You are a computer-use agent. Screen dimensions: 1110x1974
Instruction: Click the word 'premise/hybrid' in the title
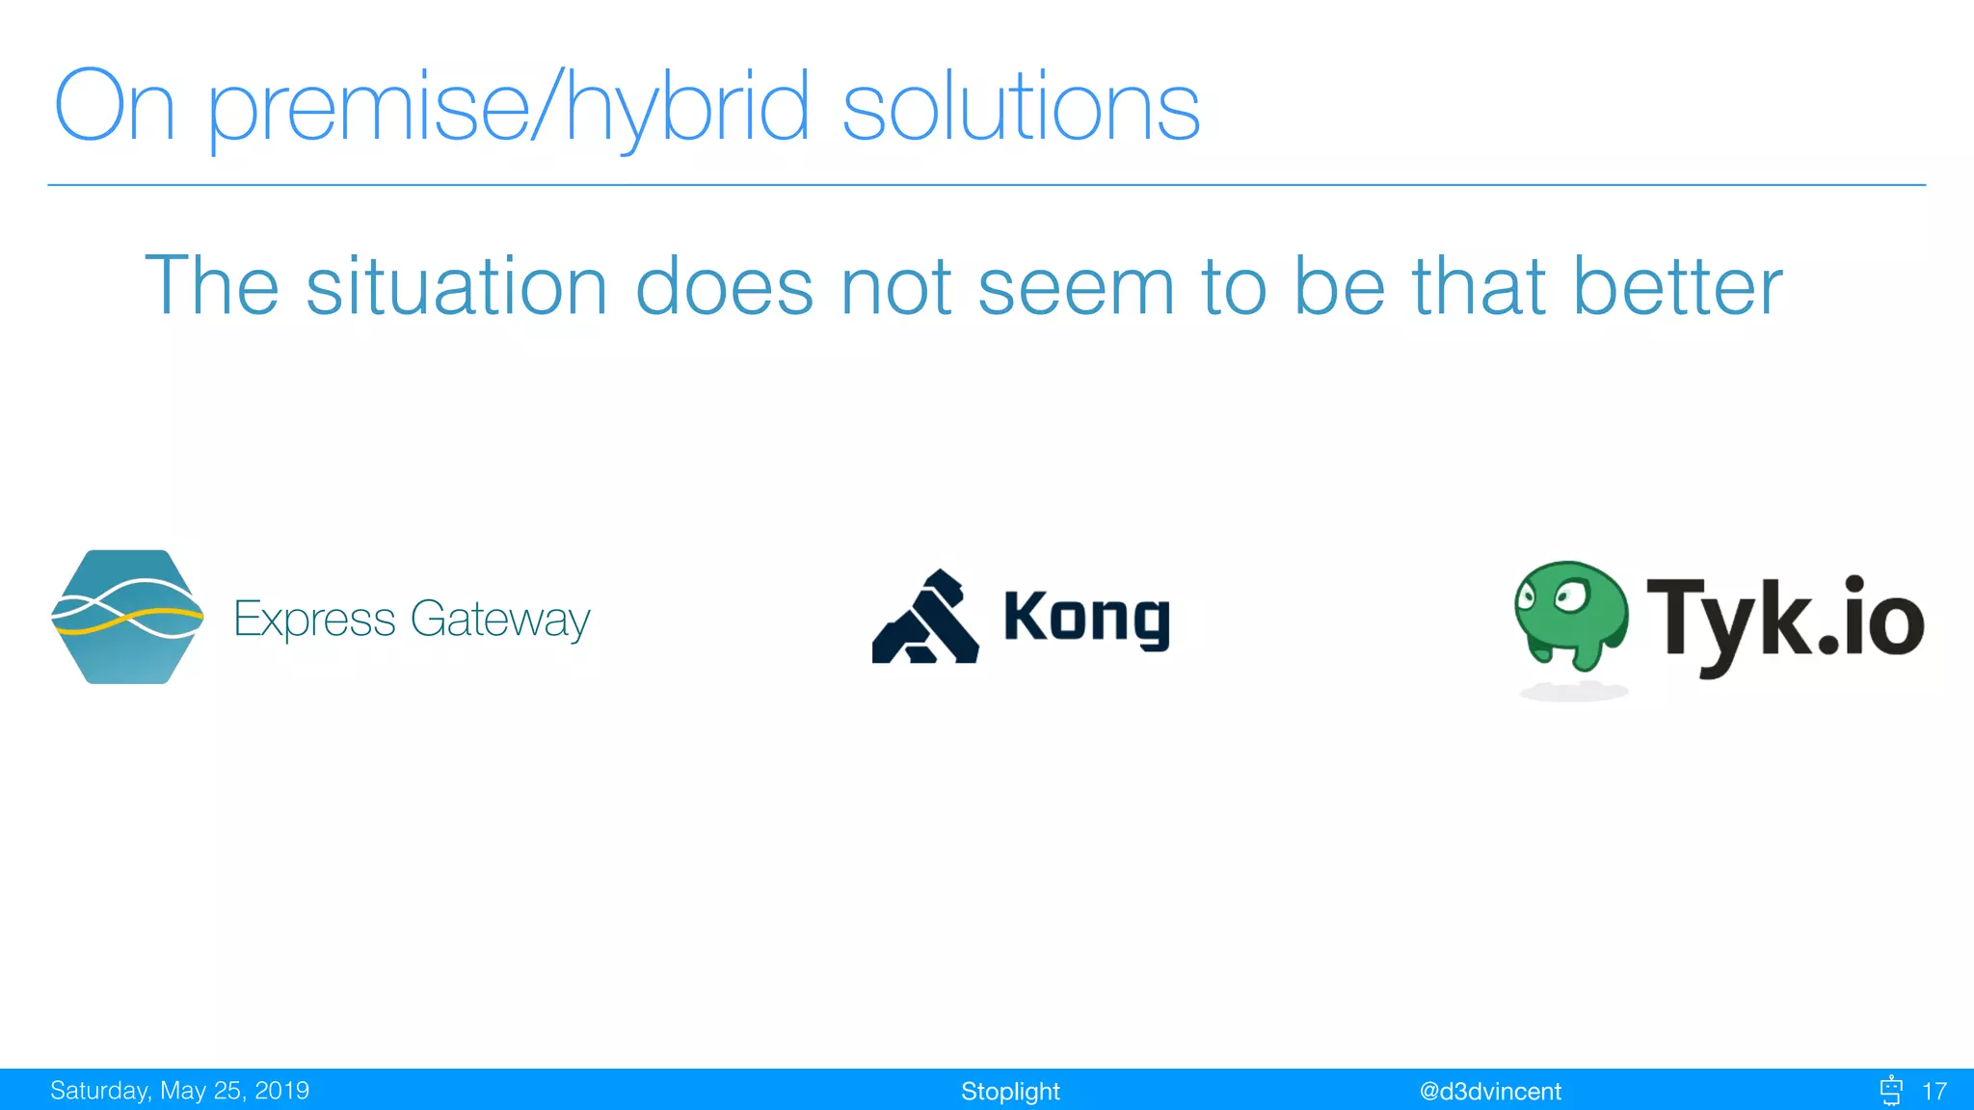[x=507, y=108]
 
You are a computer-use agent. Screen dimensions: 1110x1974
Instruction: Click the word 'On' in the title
[x=114, y=108]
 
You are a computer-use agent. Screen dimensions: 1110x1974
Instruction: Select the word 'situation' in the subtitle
[x=456, y=286]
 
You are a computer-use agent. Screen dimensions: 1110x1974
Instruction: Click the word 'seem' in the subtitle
[x=1076, y=286]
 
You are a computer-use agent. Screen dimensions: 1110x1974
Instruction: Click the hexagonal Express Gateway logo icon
[x=127, y=617]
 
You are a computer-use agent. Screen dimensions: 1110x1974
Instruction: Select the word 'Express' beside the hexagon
[x=314, y=619]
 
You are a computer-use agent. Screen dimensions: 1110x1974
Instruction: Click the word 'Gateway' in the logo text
[x=499, y=619]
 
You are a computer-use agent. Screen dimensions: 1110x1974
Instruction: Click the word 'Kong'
[x=1086, y=618]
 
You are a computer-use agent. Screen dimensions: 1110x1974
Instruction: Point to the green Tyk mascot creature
[x=1571, y=613]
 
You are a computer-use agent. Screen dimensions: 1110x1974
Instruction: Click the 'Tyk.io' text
[x=1784, y=619]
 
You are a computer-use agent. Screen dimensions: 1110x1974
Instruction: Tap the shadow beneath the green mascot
[x=1573, y=691]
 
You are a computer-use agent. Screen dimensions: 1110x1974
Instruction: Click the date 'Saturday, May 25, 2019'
[x=179, y=1091]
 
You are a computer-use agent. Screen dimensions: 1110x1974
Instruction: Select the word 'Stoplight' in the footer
[x=1009, y=1091]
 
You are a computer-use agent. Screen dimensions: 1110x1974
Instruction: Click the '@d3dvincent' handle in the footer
[x=1489, y=1091]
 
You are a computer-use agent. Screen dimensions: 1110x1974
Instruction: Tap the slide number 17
[x=1934, y=1091]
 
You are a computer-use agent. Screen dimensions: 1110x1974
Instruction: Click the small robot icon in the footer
[x=1890, y=1090]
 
